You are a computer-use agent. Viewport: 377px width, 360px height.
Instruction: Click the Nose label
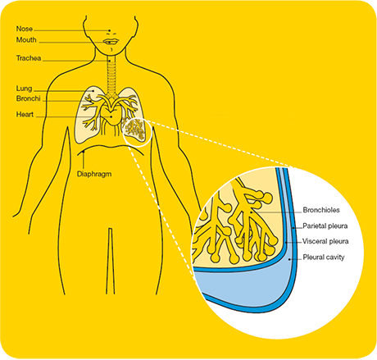[25, 29]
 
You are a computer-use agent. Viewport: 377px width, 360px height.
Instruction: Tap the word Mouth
[26, 40]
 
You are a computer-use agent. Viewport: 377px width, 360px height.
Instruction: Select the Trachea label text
[29, 58]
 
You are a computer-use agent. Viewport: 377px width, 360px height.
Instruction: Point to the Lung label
[24, 89]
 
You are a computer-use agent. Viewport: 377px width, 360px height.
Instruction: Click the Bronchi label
[29, 98]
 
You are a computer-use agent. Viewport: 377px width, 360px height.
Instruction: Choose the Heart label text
[25, 114]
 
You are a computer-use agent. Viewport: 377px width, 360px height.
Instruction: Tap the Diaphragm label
[94, 174]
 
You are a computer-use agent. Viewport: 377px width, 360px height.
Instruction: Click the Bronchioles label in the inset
[321, 210]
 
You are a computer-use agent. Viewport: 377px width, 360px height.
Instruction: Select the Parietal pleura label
[325, 226]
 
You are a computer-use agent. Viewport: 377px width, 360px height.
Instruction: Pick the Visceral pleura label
[325, 241]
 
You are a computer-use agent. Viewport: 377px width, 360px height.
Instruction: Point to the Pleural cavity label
[324, 257]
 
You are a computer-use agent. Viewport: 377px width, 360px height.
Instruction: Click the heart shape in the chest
[111, 116]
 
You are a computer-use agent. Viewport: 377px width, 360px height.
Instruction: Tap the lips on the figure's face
[111, 42]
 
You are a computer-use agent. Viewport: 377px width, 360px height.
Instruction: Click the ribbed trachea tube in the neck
[111, 76]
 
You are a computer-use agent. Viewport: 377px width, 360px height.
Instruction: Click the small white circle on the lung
[137, 132]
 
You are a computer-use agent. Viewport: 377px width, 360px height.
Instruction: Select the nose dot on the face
[110, 30]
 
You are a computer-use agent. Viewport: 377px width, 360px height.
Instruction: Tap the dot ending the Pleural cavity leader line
[290, 258]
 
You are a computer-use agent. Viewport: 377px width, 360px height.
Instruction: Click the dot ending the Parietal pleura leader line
[293, 227]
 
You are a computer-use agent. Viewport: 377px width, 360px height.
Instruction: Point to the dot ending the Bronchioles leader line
[251, 212]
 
